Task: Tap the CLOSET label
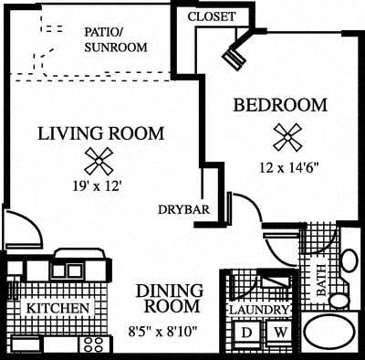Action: pyautogui.click(x=211, y=17)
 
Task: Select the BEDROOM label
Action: pyautogui.click(x=280, y=105)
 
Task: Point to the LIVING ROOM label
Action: pyautogui.click(x=101, y=133)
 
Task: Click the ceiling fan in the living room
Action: pyautogui.click(x=98, y=161)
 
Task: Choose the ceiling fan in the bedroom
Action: pyautogui.click(x=287, y=137)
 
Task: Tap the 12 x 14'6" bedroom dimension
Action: pyautogui.click(x=288, y=167)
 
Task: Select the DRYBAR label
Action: pyautogui.click(x=183, y=209)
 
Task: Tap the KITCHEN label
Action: pyautogui.click(x=57, y=309)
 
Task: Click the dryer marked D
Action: pyautogui.click(x=245, y=332)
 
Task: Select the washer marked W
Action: pyautogui.click(x=280, y=332)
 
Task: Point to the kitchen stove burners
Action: pyautogui.click(x=93, y=345)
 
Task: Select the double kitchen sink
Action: pyautogui.click(x=68, y=270)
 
